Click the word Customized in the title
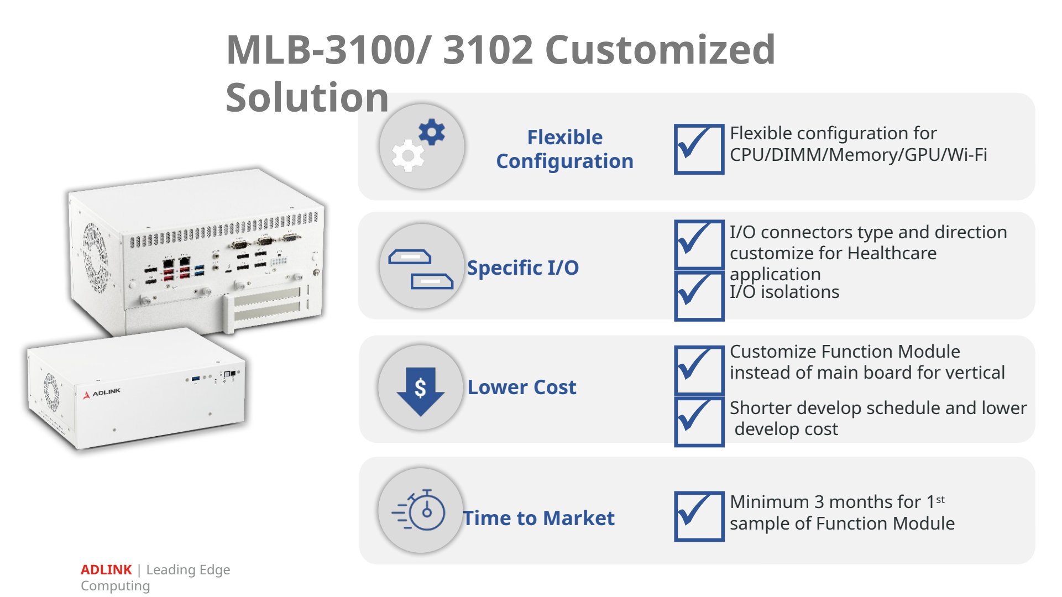(x=660, y=50)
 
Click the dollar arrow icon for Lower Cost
(x=421, y=387)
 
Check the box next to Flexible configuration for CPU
(x=699, y=149)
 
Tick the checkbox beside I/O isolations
(x=699, y=296)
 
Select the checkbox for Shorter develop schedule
(x=699, y=421)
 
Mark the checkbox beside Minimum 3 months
(x=699, y=516)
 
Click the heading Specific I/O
(x=523, y=268)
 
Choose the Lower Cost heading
(x=522, y=387)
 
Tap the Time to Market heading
(x=539, y=518)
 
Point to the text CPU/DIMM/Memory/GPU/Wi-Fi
(x=858, y=155)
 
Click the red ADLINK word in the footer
(x=106, y=570)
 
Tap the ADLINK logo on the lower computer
(x=102, y=393)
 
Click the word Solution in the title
(x=307, y=98)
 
